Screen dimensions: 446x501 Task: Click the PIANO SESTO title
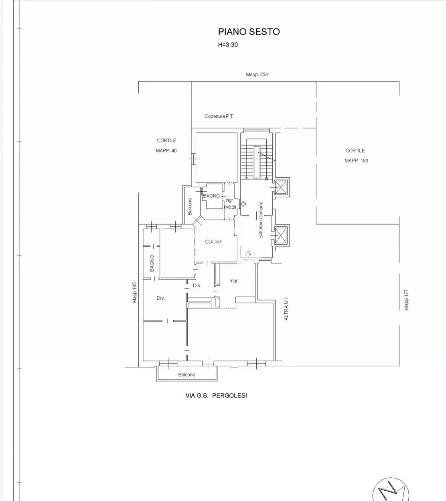(249, 32)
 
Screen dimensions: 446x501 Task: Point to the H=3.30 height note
(228, 45)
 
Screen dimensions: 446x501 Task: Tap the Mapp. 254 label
(257, 75)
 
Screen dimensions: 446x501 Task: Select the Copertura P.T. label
(219, 116)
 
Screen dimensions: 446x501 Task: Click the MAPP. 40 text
(166, 150)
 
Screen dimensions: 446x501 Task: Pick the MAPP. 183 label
(356, 161)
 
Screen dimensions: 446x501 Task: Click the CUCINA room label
(214, 241)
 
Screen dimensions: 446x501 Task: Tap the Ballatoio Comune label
(261, 220)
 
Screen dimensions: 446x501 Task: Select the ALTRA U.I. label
(286, 308)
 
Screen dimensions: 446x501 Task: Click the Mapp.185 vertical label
(134, 292)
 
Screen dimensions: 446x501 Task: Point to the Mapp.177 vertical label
(406, 300)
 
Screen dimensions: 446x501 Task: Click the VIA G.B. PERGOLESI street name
(216, 396)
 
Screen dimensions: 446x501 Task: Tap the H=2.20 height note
(230, 207)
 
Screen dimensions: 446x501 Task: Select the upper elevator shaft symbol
(281, 187)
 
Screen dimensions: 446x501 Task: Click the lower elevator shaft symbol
(281, 235)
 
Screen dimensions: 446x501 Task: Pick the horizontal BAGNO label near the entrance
(211, 196)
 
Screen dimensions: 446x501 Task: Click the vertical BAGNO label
(152, 264)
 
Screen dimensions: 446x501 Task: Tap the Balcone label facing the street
(187, 375)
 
